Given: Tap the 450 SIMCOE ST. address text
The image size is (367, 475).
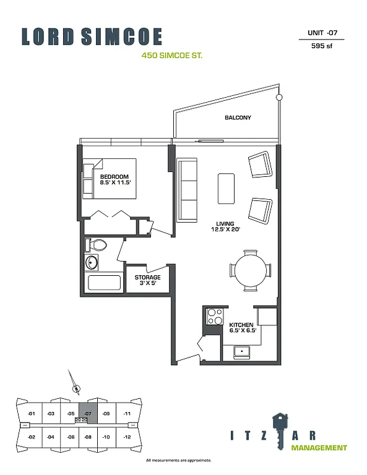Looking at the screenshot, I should (172, 55).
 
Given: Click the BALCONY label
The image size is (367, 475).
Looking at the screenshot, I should (238, 118).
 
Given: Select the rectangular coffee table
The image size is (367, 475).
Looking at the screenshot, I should (226, 188).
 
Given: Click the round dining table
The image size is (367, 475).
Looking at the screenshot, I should (251, 270).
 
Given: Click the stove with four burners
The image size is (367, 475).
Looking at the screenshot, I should (215, 316).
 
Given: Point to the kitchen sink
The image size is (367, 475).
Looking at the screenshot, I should (241, 352).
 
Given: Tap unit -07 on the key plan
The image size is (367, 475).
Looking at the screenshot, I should (89, 413).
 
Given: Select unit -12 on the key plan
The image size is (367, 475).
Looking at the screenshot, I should (127, 437).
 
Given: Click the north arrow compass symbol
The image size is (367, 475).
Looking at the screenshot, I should (76, 387).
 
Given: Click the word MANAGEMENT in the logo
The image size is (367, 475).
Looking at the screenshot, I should (319, 447).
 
